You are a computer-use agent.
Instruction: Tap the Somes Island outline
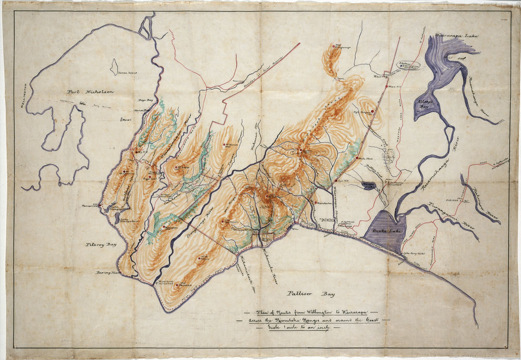pyautogui.click(x=114, y=67)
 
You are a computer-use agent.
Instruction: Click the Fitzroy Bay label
pyautogui.click(x=101, y=244)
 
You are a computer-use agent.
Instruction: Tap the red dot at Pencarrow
pyautogui.click(x=99, y=205)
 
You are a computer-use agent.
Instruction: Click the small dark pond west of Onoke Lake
pyautogui.click(x=369, y=185)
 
